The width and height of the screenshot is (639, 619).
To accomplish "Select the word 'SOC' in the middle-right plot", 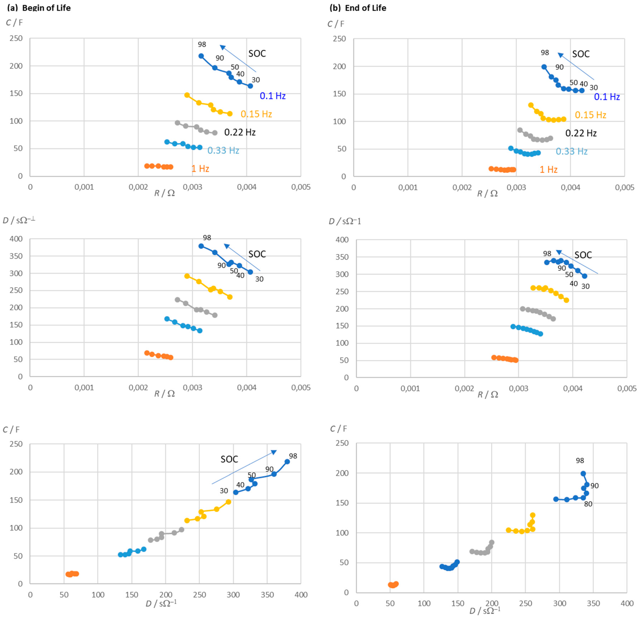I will [x=583, y=255].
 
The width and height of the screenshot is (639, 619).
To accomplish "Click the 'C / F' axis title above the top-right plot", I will [x=336, y=24].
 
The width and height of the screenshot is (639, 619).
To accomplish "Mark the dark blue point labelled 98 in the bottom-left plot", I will [x=287, y=462].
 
